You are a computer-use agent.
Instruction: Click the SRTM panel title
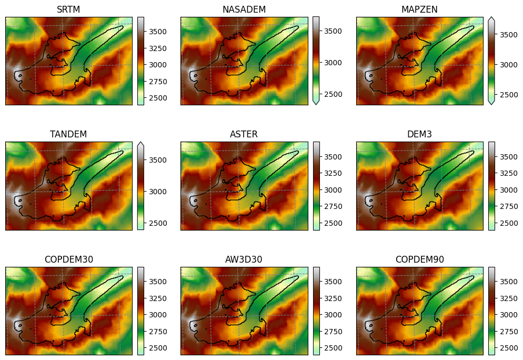68,9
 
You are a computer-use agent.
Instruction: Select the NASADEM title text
244,9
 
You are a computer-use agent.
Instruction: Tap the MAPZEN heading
419,9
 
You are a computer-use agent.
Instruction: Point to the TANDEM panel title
68,134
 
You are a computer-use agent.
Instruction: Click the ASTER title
244,134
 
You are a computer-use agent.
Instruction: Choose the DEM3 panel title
419,134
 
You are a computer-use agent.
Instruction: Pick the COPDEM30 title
69,259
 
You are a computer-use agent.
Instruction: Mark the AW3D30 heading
244,259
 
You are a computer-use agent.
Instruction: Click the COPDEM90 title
419,259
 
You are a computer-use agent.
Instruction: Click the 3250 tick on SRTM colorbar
158,48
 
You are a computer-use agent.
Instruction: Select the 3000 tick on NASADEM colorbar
333,63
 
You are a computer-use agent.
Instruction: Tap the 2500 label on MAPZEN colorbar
509,94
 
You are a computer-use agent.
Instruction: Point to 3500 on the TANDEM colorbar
158,160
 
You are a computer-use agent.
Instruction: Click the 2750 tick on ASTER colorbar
333,206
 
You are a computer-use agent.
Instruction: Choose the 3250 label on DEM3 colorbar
509,173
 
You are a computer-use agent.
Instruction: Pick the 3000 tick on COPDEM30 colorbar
158,315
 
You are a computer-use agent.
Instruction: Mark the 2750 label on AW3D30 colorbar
333,331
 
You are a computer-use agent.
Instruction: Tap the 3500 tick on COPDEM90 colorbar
509,281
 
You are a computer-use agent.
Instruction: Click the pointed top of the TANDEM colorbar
141,142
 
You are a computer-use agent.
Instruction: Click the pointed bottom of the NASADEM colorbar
316,104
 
